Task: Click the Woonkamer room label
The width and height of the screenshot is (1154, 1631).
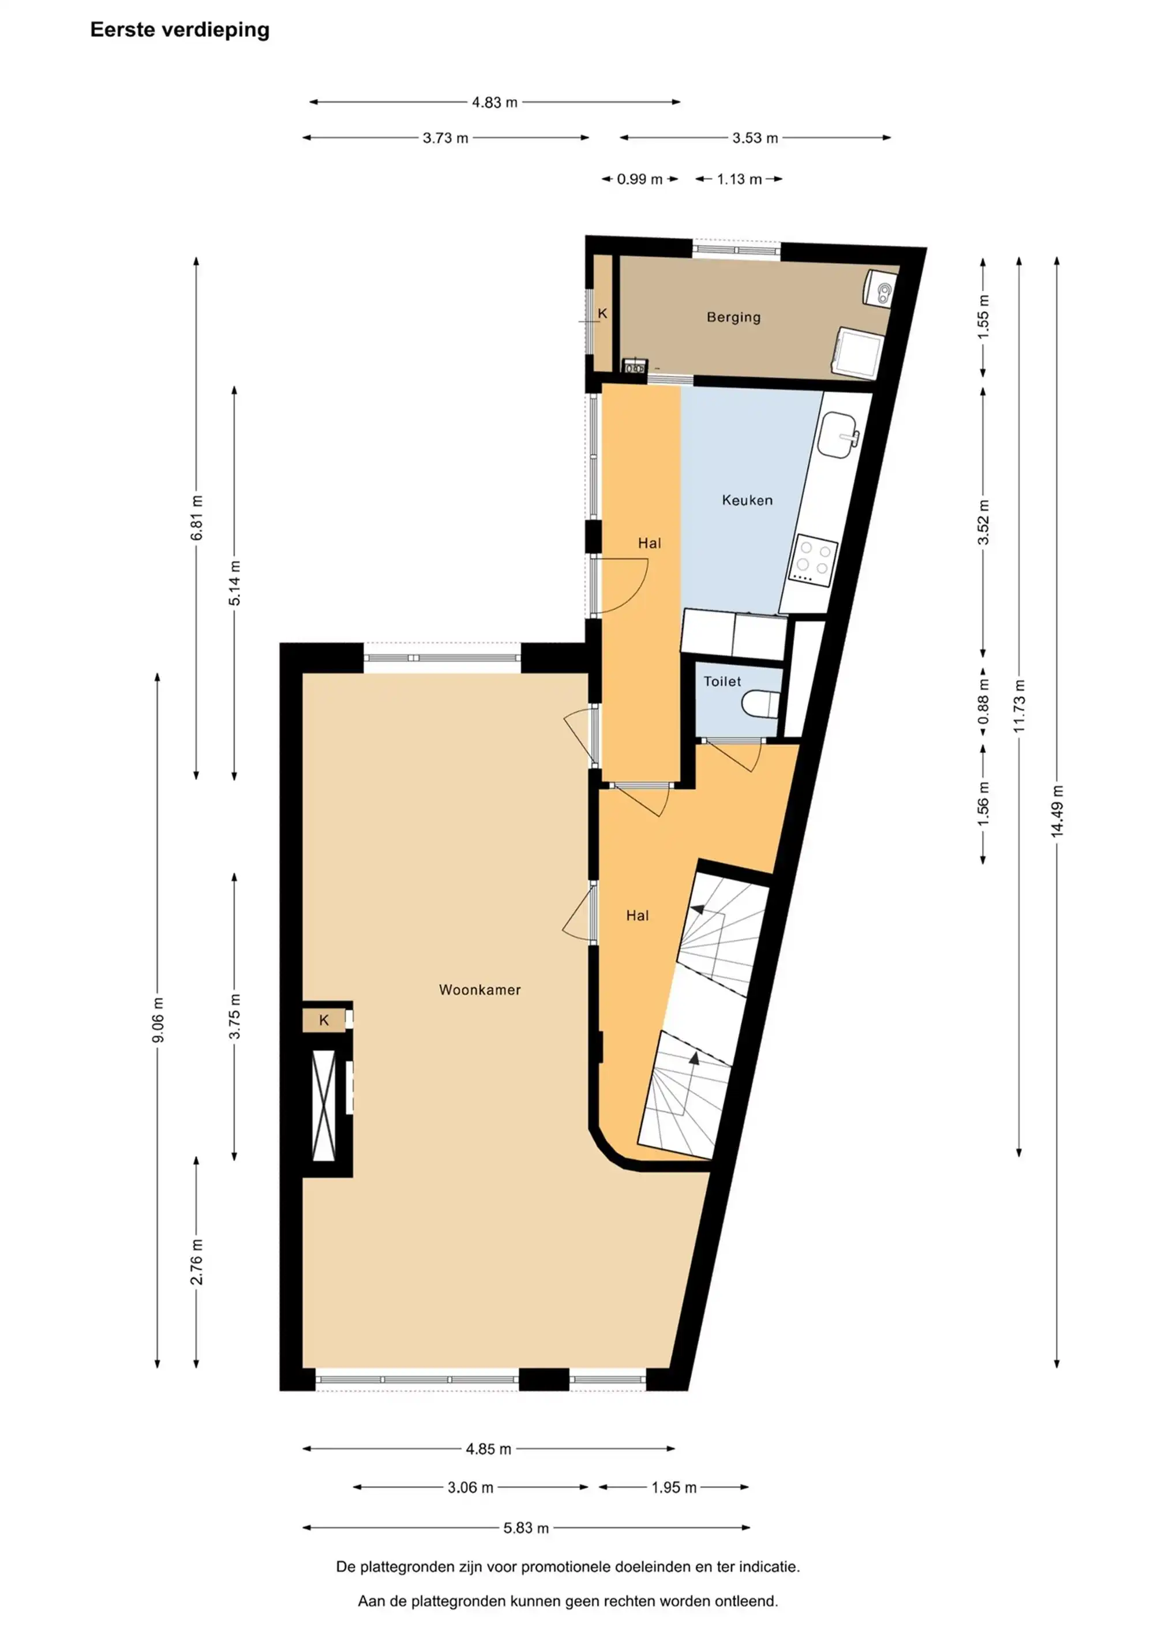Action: pos(479,989)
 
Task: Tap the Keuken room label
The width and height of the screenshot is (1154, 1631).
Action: pos(747,500)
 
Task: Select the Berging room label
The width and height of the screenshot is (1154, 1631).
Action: pos(733,317)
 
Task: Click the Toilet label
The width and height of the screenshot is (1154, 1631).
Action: pos(722,681)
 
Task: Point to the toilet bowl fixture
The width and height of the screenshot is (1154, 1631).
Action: pos(760,704)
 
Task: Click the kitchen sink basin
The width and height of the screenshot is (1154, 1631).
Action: pos(838,435)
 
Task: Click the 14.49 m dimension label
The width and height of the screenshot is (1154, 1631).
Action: pos(1058,811)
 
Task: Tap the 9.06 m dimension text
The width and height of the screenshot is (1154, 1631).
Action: pos(158,1020)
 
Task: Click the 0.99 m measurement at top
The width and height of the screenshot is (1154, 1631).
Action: pos(639,179)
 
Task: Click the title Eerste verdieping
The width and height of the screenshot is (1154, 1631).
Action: pos(180,30)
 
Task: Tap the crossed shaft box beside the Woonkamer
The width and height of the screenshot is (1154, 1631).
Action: pos(324,1105)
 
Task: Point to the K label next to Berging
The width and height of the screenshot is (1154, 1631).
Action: pos(602,313)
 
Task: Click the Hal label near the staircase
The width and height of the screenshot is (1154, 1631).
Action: pos(638,916)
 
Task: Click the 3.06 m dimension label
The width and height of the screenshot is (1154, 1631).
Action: pos(470,1487)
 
